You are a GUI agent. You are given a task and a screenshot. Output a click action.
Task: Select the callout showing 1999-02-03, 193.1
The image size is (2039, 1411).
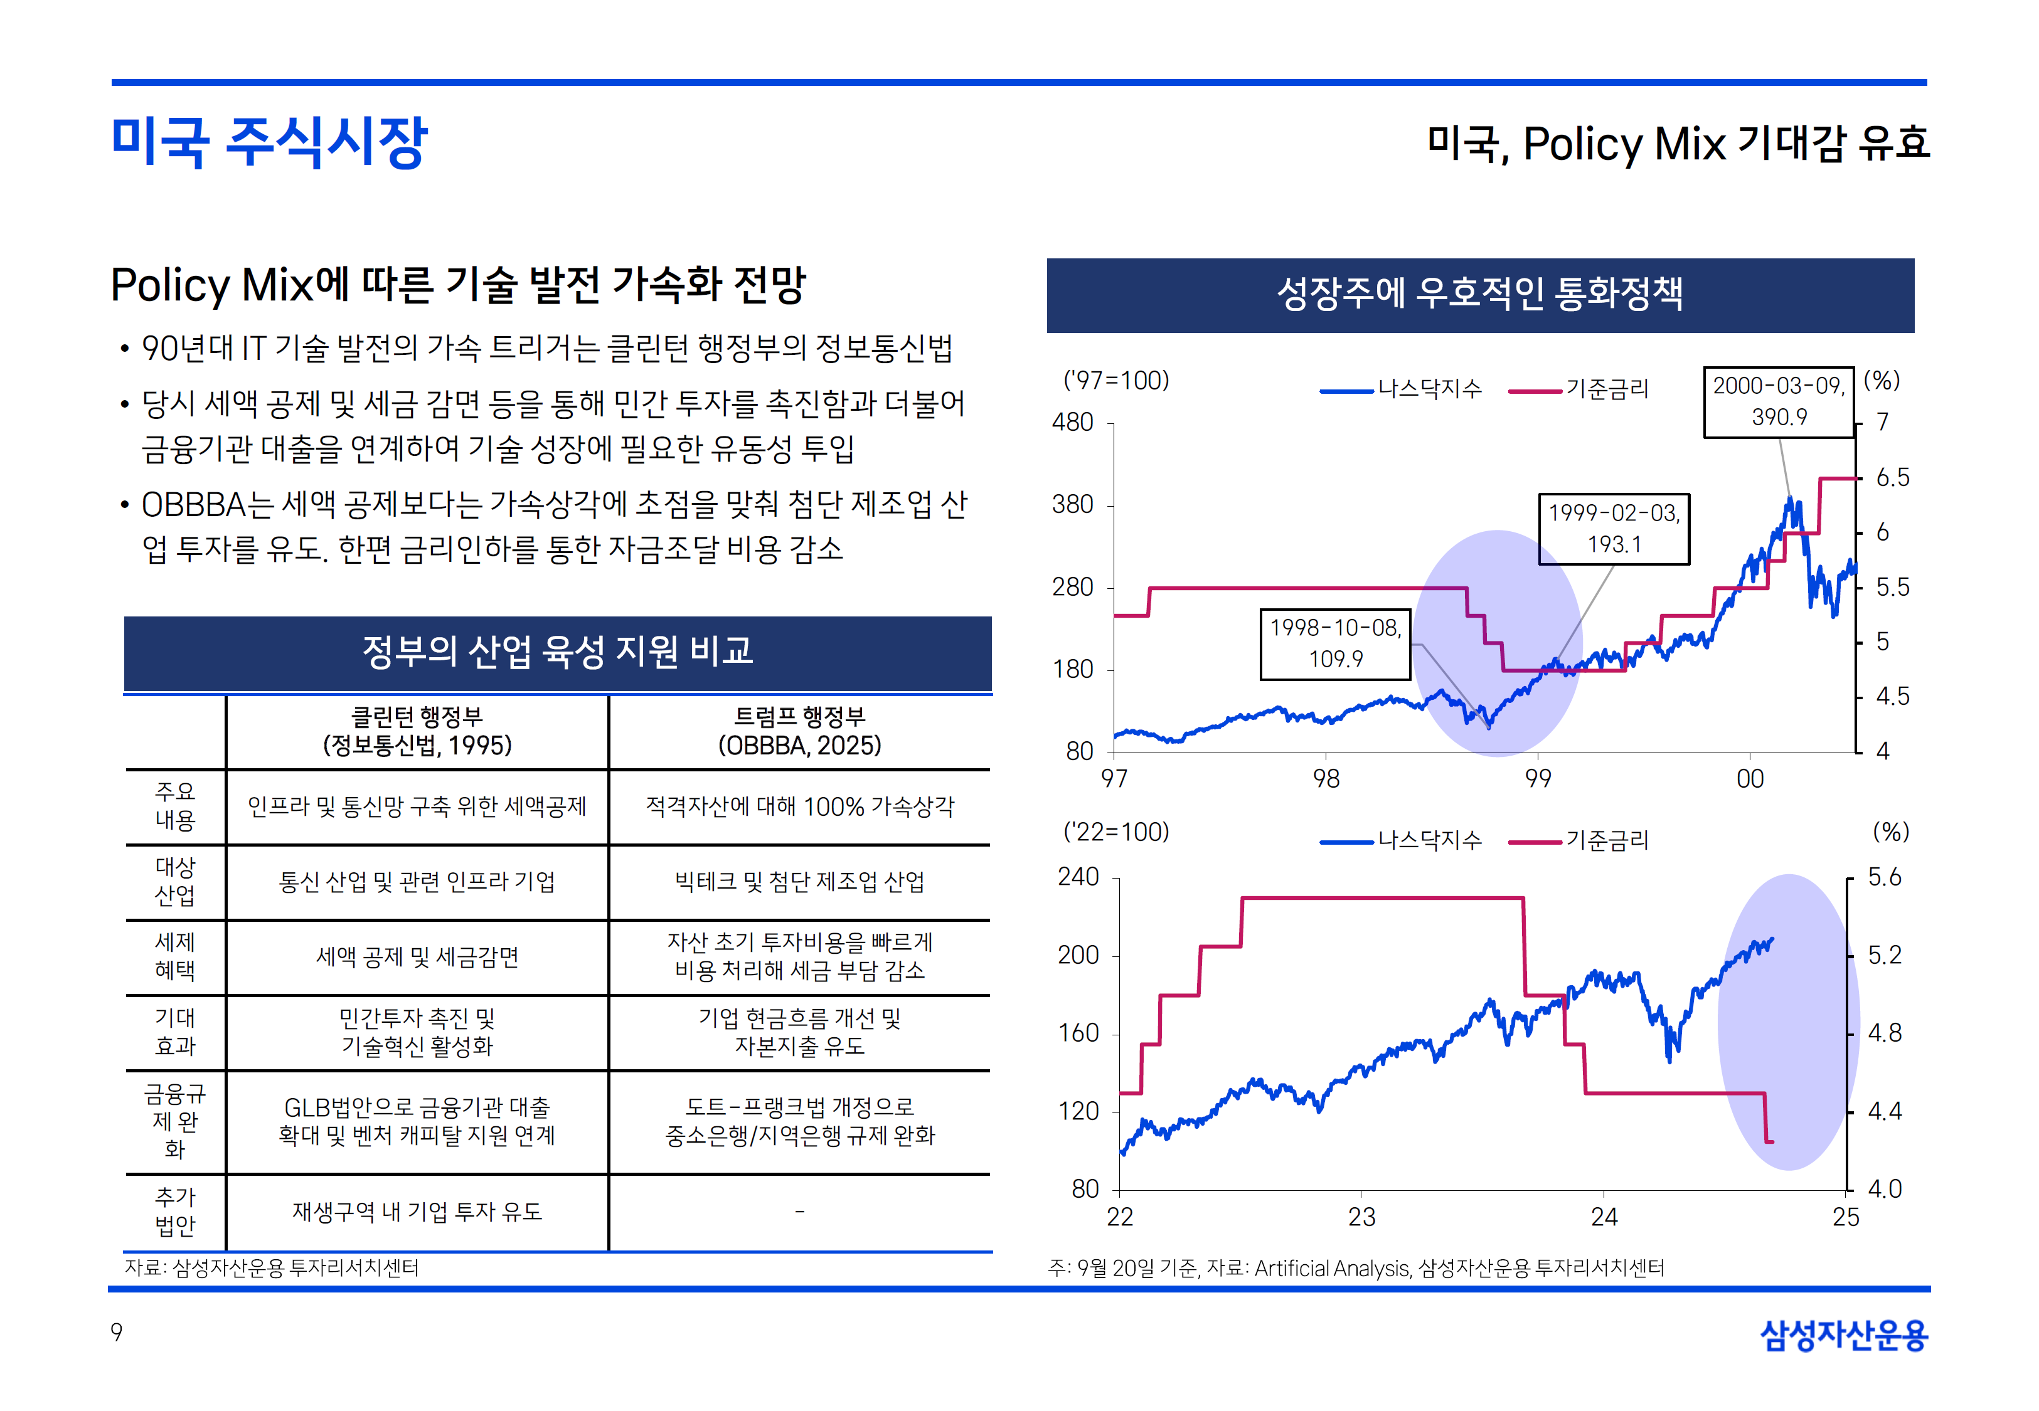[1614, 529]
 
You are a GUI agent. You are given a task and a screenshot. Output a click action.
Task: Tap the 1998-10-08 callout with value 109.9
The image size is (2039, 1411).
[1335, 643]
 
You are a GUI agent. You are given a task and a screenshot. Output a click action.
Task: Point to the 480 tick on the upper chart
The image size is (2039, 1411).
[1073, 423]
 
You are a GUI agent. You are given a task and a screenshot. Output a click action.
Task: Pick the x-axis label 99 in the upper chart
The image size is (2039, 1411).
[1538, 779]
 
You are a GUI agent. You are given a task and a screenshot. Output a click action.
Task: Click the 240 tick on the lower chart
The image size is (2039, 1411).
[1078, 877]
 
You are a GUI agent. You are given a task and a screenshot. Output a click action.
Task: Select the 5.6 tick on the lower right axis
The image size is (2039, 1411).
[1884, 877]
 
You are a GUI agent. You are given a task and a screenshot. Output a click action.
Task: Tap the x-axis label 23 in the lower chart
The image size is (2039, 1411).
[1361, 1217]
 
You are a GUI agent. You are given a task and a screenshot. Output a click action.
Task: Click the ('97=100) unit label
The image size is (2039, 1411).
[1116, 380]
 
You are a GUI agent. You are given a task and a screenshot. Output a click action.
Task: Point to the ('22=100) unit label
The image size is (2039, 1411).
[1116, 832]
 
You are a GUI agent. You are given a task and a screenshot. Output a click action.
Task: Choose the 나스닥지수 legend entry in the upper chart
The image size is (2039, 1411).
[1402, 389]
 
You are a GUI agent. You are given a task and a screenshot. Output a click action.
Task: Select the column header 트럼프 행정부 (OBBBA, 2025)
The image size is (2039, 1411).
[799, 731]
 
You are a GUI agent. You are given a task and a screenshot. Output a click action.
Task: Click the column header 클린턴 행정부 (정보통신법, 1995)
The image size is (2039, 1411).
[417, 731]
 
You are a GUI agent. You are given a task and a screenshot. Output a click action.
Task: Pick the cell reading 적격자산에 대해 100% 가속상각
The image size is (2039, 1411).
[799, 806]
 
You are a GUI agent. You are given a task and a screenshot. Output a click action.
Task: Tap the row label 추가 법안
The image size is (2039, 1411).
[175, 1211]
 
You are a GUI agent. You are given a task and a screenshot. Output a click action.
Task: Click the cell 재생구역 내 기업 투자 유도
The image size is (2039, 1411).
[417, 1211]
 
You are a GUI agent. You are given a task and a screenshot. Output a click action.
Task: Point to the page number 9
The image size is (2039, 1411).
[117, 1333]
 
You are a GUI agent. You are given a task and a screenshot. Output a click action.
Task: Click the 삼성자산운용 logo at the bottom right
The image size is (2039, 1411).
[1844, 1335]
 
